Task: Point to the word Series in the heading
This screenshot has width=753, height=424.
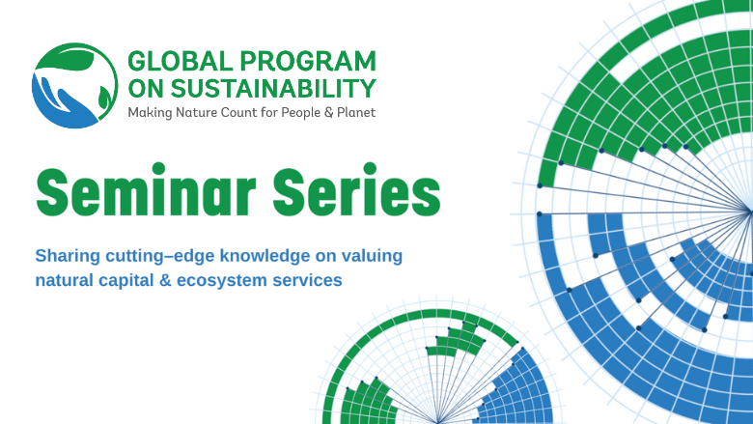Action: [x=359, y=193]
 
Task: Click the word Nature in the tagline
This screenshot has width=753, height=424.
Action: [x=199, y=113]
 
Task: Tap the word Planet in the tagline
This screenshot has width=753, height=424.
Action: [x=354, y=113]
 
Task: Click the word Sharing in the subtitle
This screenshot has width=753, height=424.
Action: [x=66, y=257]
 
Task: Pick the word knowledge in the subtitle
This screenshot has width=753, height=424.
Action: [x=265, y=257]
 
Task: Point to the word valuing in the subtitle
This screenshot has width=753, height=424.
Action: [x=375, y=257]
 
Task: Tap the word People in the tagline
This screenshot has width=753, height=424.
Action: [x=296, y=113]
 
